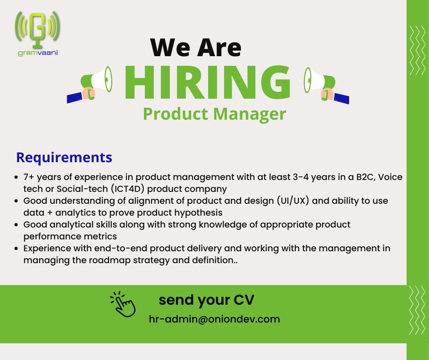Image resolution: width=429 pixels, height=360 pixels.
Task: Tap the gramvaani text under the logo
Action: click(x=38, y=53)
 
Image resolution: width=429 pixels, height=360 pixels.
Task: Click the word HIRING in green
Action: click(x=207, y=82)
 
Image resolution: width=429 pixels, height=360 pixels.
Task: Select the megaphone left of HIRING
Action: click(x=90, y=85)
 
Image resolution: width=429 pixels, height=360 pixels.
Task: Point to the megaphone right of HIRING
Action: click(x=326, y=85)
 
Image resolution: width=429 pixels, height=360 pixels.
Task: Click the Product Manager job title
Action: click(x=214, y=114)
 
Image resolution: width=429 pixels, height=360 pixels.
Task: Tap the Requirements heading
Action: click(x=64, y=158)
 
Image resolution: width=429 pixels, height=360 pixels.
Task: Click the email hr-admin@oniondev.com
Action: click(x=214, y=319)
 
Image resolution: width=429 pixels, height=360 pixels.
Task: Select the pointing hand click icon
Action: click(x=123, y=304)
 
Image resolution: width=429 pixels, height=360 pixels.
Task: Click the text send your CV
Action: click(x=207, y=300)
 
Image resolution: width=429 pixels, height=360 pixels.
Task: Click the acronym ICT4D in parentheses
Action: click(x=127, y=189)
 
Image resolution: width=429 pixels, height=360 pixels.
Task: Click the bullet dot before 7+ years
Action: click(x=16, y=177)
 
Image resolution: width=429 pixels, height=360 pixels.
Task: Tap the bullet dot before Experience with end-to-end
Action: click(x=16, y=249)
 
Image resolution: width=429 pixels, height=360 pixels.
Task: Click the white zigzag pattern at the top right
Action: click(x=418, y=50)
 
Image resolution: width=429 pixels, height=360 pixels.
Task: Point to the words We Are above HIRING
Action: click(x=196, y=48)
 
